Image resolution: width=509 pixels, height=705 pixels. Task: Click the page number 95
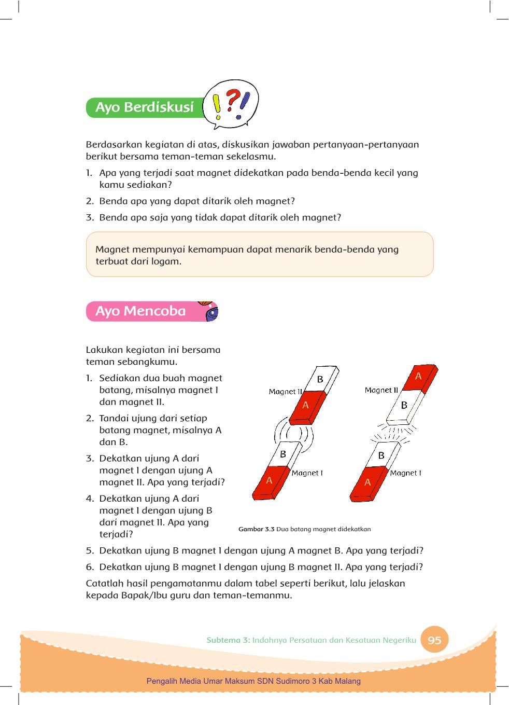434,640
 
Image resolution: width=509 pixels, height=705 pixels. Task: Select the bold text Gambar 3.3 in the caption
256,529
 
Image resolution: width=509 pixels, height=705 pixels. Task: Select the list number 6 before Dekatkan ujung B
89,567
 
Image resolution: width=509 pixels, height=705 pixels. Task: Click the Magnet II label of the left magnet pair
285,392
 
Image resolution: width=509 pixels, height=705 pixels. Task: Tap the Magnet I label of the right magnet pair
405,473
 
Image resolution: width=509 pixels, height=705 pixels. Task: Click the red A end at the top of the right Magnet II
419,377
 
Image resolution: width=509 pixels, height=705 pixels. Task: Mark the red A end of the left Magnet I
269,481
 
